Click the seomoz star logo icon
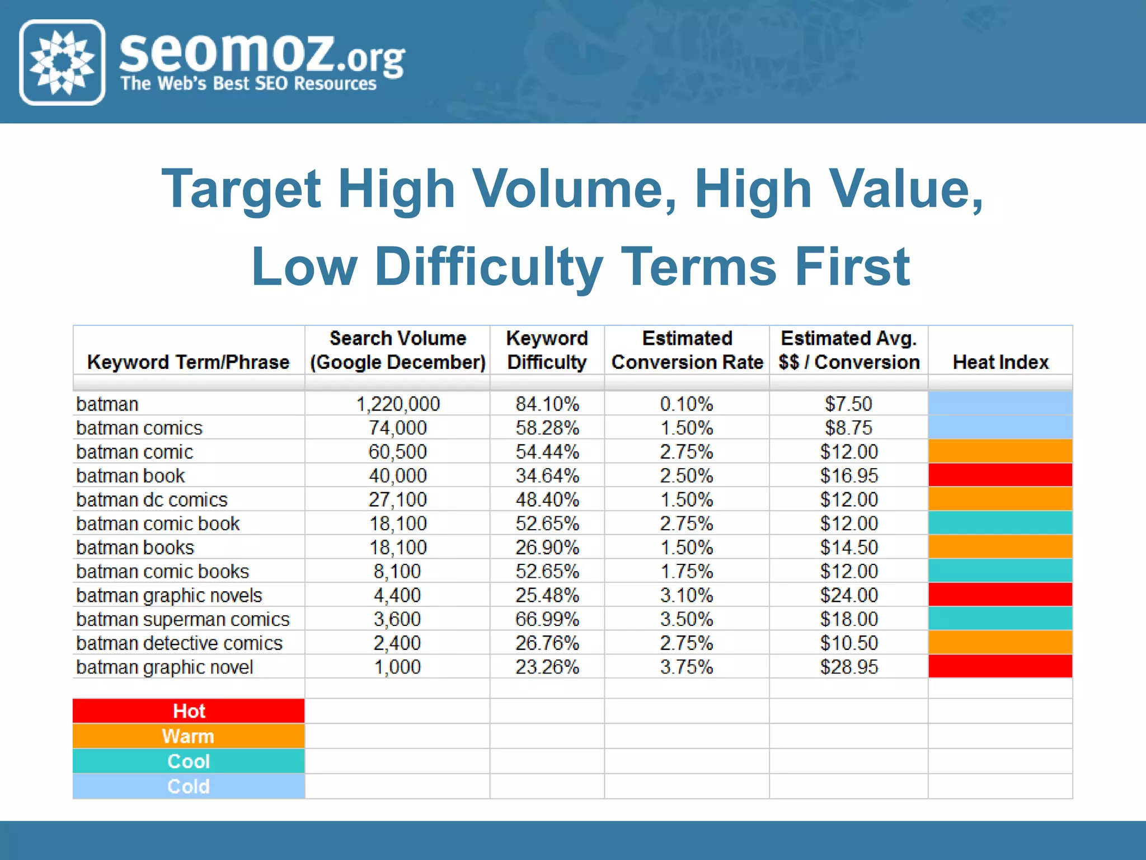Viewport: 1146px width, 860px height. [x=62, y=62]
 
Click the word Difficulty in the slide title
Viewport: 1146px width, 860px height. [x=488, y=267]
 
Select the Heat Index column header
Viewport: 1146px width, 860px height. [x=1000, y=362]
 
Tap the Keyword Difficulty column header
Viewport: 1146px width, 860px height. [x=547, y=350]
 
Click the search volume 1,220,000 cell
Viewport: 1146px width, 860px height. [x=398, y=404]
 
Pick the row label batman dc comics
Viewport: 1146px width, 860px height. [x=152, y=499]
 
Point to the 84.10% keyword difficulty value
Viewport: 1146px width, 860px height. [x=547, y=404]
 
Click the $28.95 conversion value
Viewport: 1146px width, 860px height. [x=848, y=667]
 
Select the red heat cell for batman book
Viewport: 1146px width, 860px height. [x=1000, y=475]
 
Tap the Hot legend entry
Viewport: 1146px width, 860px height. [x=189, y=711]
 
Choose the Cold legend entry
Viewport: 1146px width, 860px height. [x=189, y=787]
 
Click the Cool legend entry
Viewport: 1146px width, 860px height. [x=189, y=761]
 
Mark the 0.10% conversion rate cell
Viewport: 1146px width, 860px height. [x=686, y=404]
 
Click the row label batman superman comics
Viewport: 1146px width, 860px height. [x=182, y=619]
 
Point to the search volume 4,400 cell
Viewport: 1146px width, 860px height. [x=397, y=595]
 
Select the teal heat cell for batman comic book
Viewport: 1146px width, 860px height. [x=1000, y=523]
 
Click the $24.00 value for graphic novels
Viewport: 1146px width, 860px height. [x=848, y=595]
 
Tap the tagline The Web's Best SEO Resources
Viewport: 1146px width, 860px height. [x=248, y=84]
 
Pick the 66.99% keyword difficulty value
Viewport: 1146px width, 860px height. [x=547, y=619]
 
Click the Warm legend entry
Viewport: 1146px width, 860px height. [x=189, y=736]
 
